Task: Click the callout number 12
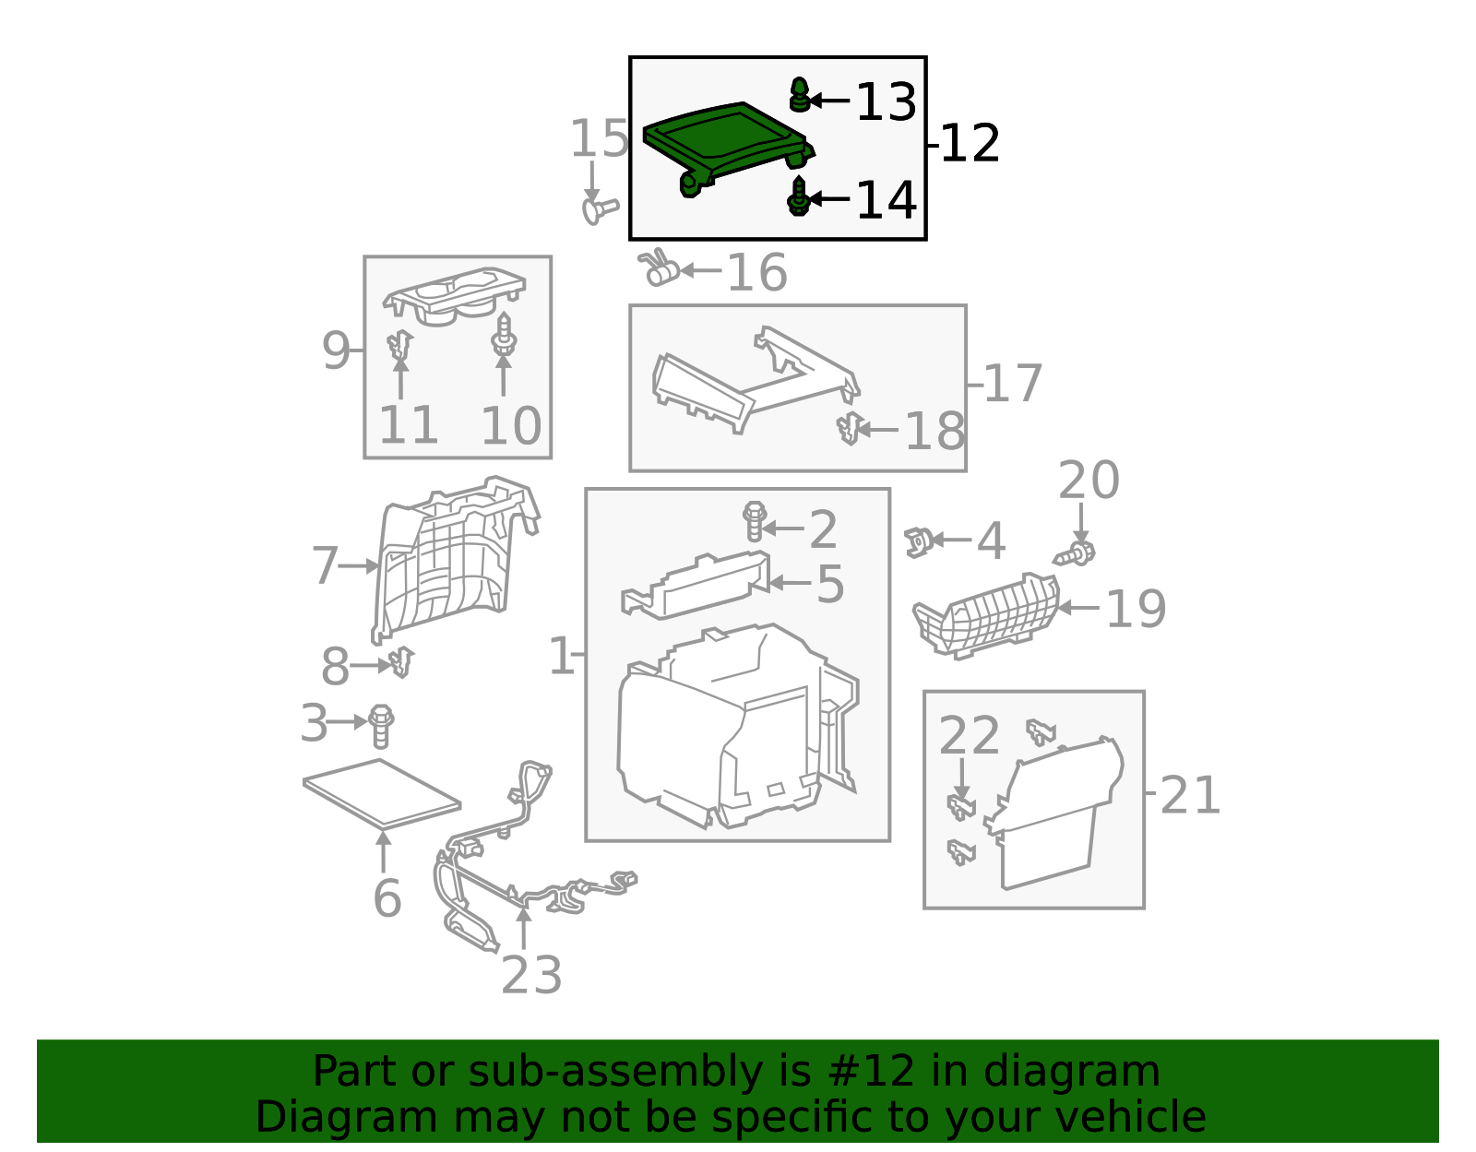pos(970,143)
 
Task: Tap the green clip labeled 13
pos(800,94)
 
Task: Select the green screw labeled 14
pos(799,196)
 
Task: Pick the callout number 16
pos(756,272)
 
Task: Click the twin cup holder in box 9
pos(453,297)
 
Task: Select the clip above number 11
pos(400,345)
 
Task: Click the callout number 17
pos(1012,383)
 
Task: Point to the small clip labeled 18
pos(849,428)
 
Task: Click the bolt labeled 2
pos(755,521)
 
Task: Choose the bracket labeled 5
pos(696,585)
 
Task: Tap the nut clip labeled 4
pos(918,541)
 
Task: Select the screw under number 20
pos(1075,554)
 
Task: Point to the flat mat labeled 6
pos(382,793)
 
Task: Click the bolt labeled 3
pos(381,727)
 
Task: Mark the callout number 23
pos(531,974)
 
